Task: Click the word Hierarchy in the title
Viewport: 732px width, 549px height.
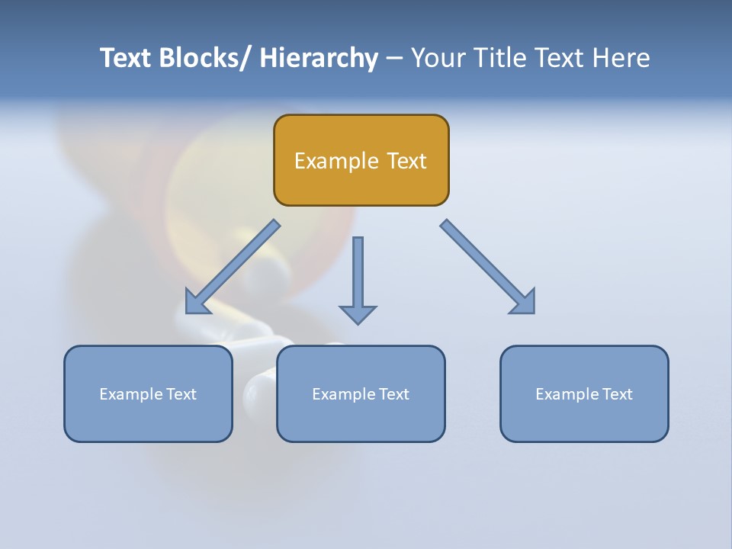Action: pyautogui.click(x=319, y=58)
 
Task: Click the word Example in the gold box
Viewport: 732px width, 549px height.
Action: pyautogui.click(x=336, y=161)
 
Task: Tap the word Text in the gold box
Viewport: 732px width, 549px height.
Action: pyautogui.click(x=406, y=161)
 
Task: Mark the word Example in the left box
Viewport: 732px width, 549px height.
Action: pyautogui.click(x=130, y=394)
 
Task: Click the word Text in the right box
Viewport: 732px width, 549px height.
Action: pyautogui.click(x=617, y=394)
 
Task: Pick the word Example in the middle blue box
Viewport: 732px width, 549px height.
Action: pyautogui.click(x=343, y=394)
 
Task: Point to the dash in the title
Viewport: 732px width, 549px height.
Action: pyautogui.click(x=394, y=58)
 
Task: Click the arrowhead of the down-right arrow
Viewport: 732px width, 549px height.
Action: pyautogui.click(x=525, y=303)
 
